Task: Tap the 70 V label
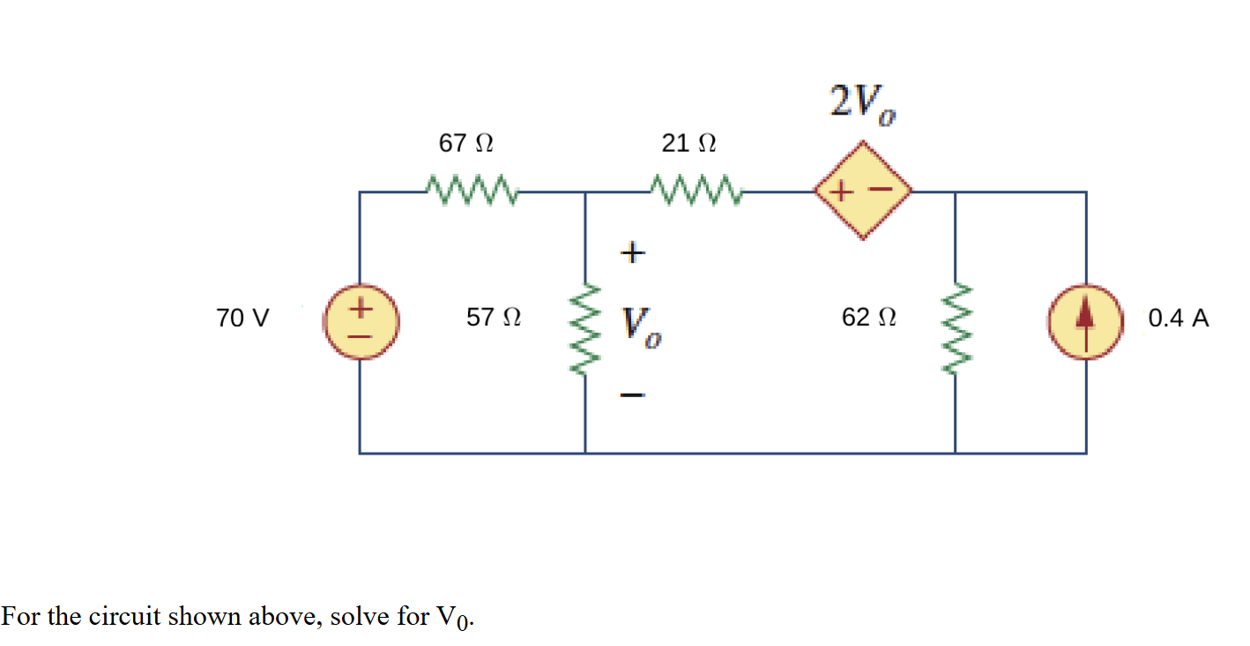[243, 319]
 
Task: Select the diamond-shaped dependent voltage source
[863, 190]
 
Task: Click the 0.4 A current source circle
[1085, 323]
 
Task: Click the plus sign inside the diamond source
[843, 190]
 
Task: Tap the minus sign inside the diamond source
[882, 189]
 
